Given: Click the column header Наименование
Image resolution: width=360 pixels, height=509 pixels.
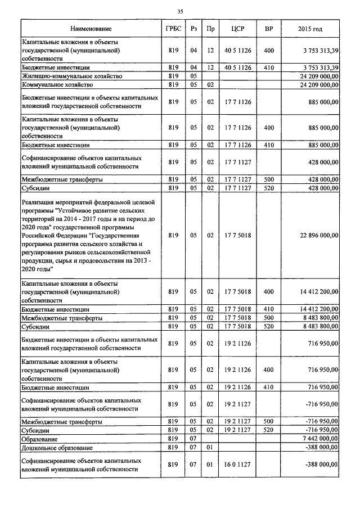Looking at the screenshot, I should (91, 28).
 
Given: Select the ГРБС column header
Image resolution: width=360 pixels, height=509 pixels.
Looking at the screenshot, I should (173, 28).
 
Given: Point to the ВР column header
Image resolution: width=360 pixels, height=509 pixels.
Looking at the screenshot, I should (269, 28).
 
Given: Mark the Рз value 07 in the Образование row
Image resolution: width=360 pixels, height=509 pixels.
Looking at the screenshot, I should (193, 438).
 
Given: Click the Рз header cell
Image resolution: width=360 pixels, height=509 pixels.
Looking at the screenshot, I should (193, 28).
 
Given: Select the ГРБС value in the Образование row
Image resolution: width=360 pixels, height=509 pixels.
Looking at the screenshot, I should (173, 438).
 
